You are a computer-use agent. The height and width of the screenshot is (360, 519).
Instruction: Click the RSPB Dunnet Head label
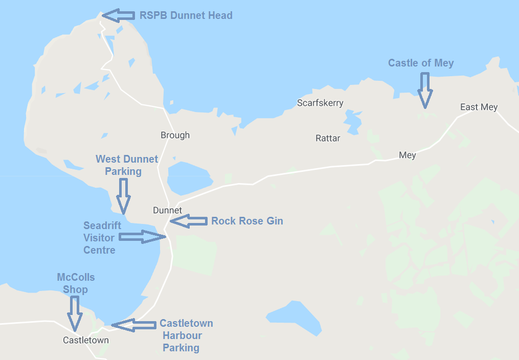pyautogui.click(x=186, y=15)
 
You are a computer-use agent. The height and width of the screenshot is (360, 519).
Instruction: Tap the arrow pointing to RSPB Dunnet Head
pyautogui.click(x=117, y=15)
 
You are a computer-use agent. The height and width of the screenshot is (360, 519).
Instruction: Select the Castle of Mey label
pyautogui.click(x=421, y=63)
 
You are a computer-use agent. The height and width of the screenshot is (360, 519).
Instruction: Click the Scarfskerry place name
pyautogui.click(x=320, y=103)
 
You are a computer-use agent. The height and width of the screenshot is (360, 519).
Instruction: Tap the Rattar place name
pyautogui.click(x=328, y=138)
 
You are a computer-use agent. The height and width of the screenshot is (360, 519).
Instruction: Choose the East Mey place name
pyautogui.click(x=479, y=107)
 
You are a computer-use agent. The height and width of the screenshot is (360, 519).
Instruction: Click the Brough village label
pyautogui.click(x=175, y=135)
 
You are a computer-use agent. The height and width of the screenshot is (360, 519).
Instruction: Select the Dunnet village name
pyautogui.click(x=167, y=210)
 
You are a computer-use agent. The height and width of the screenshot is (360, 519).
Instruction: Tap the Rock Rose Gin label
pyautogui.click(x=247, y=221)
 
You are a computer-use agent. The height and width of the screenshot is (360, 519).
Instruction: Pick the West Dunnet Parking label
pyautogui.click(x=127, y=165)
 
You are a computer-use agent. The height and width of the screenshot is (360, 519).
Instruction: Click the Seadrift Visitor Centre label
pyautogui.click(x=99, y=238)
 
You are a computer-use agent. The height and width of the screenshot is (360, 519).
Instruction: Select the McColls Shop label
pyautogui.click(x=76, y=283)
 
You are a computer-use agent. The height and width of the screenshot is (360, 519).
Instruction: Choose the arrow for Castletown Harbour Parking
pyautogui.click(x=133, y=325)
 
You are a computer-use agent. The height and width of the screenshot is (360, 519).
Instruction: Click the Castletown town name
pyautogui.click(x=85, y=340)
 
